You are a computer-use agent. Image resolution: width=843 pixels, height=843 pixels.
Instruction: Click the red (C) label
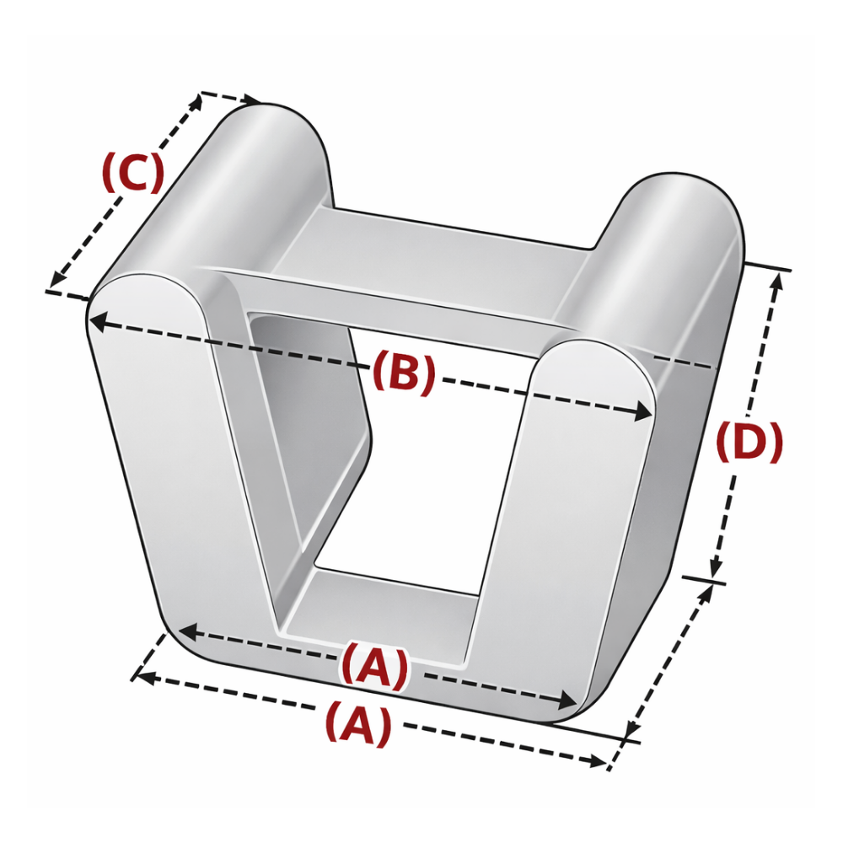(x=133, y=173)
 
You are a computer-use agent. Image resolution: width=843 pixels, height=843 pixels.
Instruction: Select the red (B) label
(x=403, y=372)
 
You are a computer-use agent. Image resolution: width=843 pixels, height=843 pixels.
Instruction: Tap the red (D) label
(x=749, y=442)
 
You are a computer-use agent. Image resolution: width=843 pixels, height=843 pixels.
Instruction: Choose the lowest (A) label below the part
(x=357, y=722)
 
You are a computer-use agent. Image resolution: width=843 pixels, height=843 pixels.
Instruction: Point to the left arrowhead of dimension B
(x=99, y=321)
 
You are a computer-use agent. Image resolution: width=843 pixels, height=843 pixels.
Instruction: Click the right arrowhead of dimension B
(x=643, y=412)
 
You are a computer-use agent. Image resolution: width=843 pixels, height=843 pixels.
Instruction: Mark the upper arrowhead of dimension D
(x=777, y=282)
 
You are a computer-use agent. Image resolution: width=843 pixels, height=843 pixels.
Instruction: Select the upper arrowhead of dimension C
(x=196, y=103)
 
